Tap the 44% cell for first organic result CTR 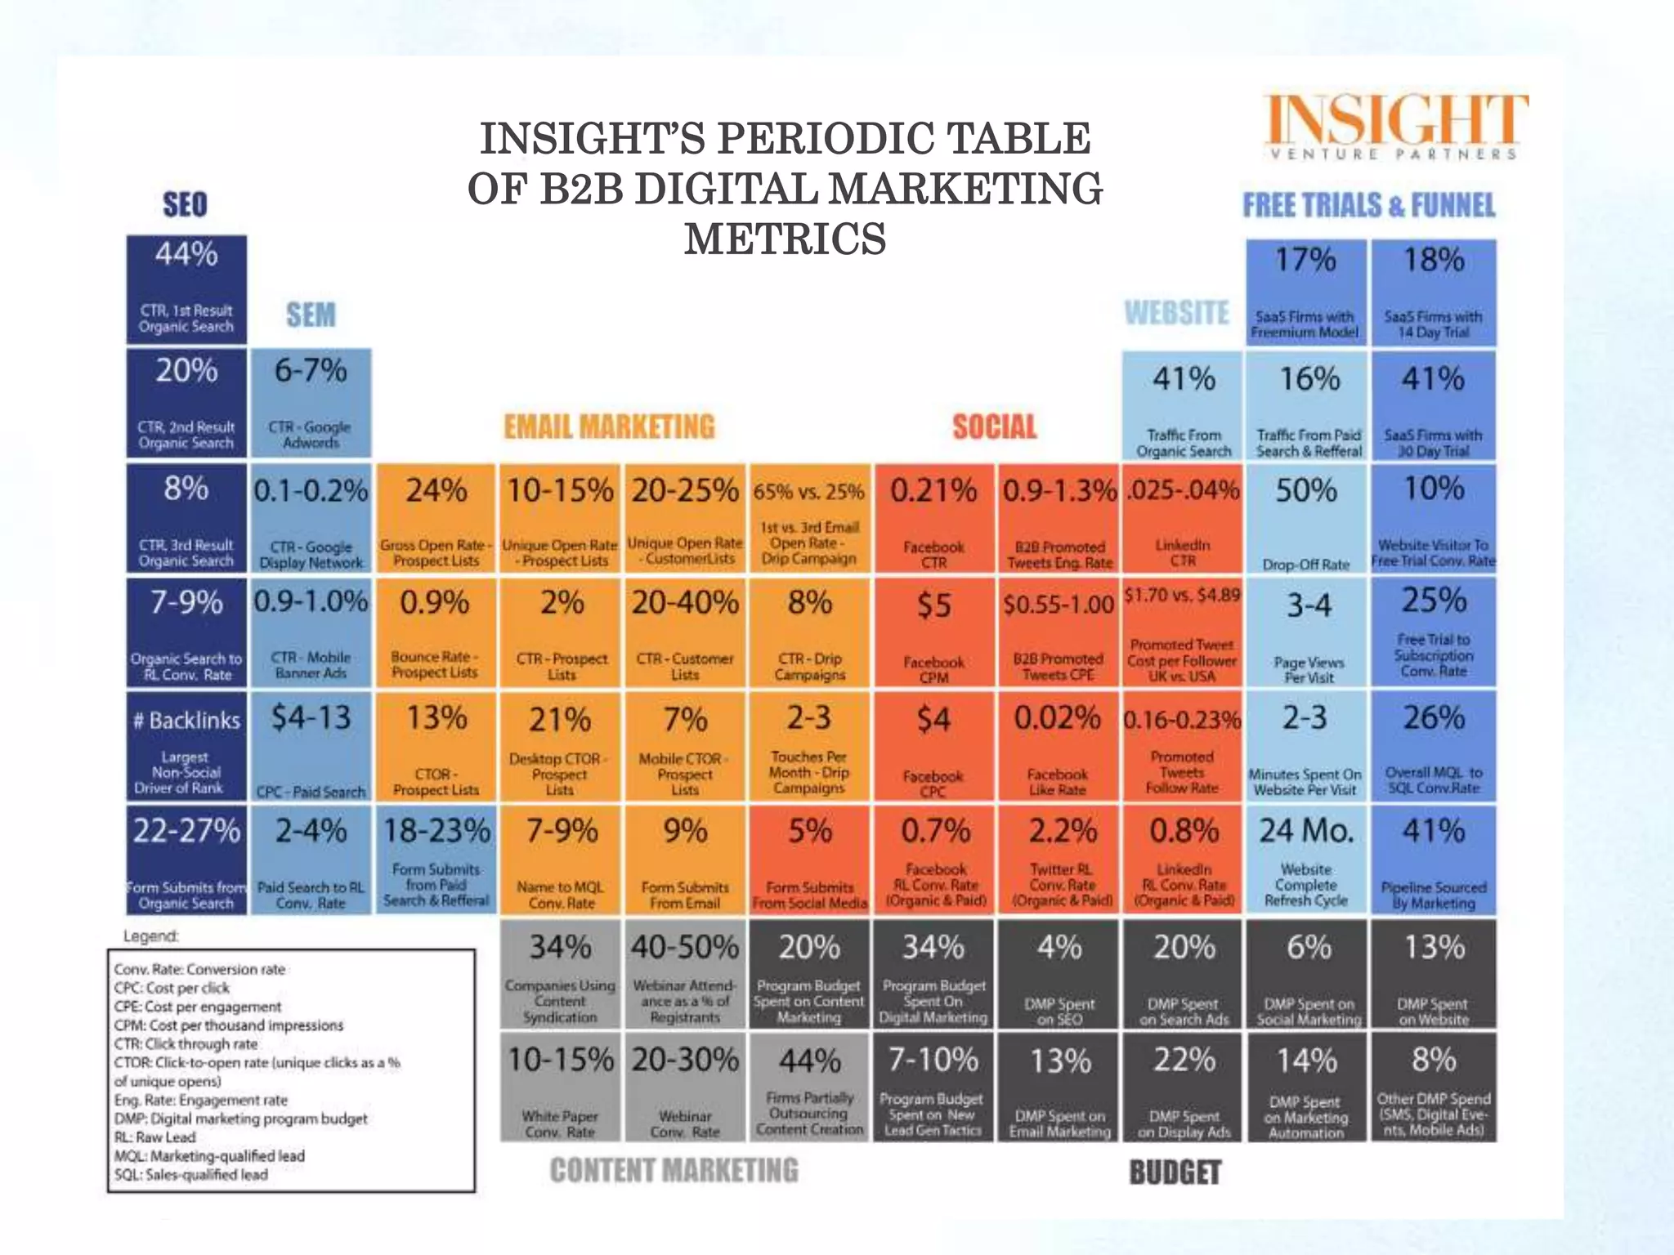coord(186,289)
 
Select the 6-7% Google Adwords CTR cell coord(311,403)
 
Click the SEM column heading coord(311,315)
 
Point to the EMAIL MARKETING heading coord(609,427)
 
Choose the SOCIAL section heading coord(994,427)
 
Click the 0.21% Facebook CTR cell coord(934,519)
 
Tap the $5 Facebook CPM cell coord(934,633)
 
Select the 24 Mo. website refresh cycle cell coord(1306,860)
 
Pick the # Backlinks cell coord(186,746)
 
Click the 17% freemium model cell coord(1306,293)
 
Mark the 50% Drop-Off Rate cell coord(1306,519)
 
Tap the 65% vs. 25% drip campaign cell coord(808,519)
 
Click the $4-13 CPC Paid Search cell coord(311,746)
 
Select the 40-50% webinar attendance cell coord(684,974)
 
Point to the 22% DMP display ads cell coord(1184,1088)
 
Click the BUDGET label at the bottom coord(1175,1172)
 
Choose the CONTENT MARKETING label coord(674,1170)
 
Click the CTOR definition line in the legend coord(257,1063)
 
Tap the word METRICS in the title coord(785,239)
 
